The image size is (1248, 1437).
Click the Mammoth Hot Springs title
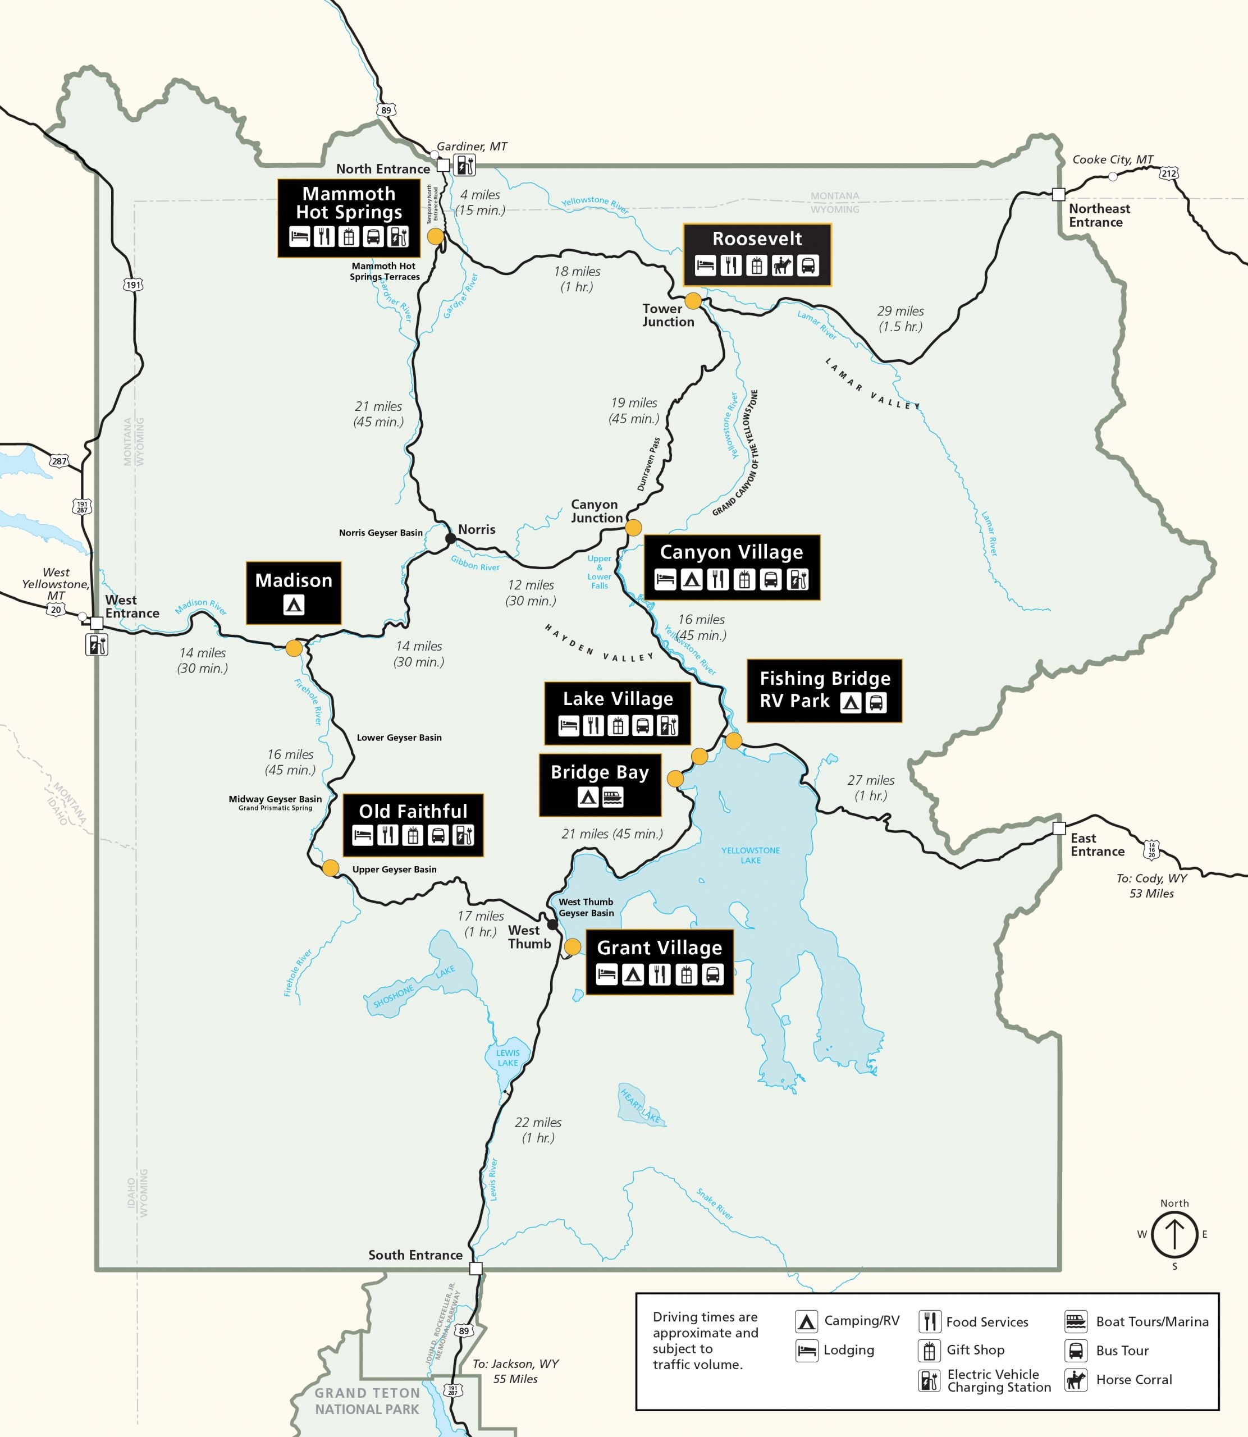(349, 203)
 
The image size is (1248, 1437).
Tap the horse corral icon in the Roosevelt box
(782, 266)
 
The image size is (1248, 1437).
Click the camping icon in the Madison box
(294, 605)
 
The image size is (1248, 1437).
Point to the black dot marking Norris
(451, 538)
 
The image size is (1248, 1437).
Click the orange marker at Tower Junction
(693, 301)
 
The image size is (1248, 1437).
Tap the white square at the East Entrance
(1059, 829)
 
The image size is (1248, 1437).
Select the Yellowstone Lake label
(750, 855)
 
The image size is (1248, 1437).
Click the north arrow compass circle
(1174, 1234)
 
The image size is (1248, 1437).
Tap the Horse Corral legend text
(1134, 1379)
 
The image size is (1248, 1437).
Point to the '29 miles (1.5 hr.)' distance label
(900, 318)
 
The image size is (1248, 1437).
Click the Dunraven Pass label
(648, 464)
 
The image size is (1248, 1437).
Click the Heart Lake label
(641, 1105)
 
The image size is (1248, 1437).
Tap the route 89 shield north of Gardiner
(386, 110)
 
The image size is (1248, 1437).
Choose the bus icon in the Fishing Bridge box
(876, 702)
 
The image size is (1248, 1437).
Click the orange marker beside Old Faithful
(330, 867)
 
